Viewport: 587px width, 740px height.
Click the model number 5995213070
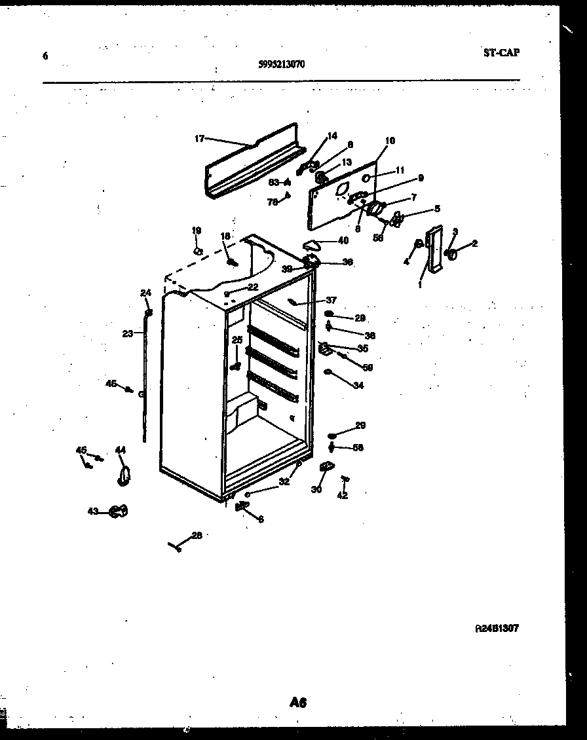pyautogui.click(x=281, y=64)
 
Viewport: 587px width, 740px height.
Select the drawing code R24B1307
pyautogui.click(x=497, y=628)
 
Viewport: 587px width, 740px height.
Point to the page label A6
pyautogui.click(x=298, y=703)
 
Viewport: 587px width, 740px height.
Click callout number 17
pyautogui.click(x=199, y=138)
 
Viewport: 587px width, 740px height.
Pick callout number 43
pyautogui.click(x=93, y=511)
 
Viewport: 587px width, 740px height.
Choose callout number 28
pyautogui.click(x=197, y=535)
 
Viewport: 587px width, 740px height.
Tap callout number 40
pyautogui.click(x=343, y=240)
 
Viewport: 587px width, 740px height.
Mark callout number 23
pyautogui.click(x=127, y=333)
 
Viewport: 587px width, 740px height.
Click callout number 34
pyautogui.click(x=358, y=385)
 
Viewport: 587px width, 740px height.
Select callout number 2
pyautogui.click(x=474, y=244)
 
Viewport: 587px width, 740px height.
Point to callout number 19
pyautogui.click(x=197, y=231)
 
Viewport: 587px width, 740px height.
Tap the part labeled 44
pyautogui.click(x=123, y=476)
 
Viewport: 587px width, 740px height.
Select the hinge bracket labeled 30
pyautogui.click(x=326, y=466)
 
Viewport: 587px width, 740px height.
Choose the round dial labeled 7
pyautogui.click(x=375, y=209)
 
